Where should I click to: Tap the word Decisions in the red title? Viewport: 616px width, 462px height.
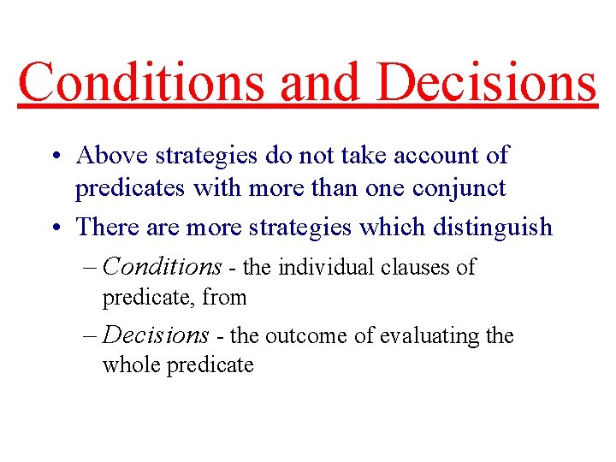(486, 82)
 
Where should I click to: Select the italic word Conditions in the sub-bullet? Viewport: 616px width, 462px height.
(162, 267)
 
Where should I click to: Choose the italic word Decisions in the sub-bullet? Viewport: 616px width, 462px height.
(156, 335)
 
